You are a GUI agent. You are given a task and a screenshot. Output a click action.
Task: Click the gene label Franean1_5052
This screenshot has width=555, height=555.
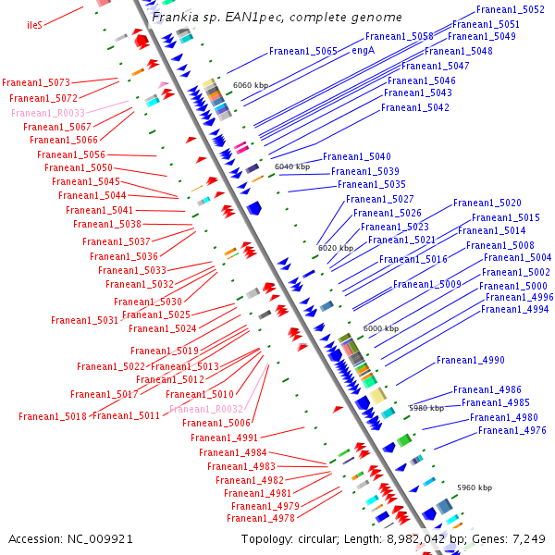(x=510, y=9)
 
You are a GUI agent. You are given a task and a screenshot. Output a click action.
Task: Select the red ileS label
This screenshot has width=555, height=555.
(x=35, y=25)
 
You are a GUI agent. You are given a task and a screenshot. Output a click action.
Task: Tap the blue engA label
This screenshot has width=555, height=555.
(x=363, y=50)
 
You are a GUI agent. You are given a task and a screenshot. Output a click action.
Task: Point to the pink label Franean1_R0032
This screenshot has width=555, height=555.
(x=206, y=409)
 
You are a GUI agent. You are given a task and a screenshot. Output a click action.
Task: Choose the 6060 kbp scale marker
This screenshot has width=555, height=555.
(x=251, y=85)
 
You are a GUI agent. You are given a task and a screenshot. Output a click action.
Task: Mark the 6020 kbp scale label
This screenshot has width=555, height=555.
(x=336, y=248)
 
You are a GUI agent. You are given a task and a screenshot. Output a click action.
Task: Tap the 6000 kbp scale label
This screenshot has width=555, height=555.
(x=380, y=328)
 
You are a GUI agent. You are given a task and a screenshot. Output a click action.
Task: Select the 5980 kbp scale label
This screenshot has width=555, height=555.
(x=426, y=408)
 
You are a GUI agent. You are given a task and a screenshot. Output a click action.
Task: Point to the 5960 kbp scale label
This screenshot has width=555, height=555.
(x=475, y=487)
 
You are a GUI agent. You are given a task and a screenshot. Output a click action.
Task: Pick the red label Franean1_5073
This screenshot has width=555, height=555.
(x=36, y=83)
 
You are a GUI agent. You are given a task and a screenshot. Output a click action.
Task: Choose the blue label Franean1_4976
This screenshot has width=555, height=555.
(x=512, y=431)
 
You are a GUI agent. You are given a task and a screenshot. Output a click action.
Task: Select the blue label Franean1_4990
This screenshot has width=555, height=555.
(x=471, y=361)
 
